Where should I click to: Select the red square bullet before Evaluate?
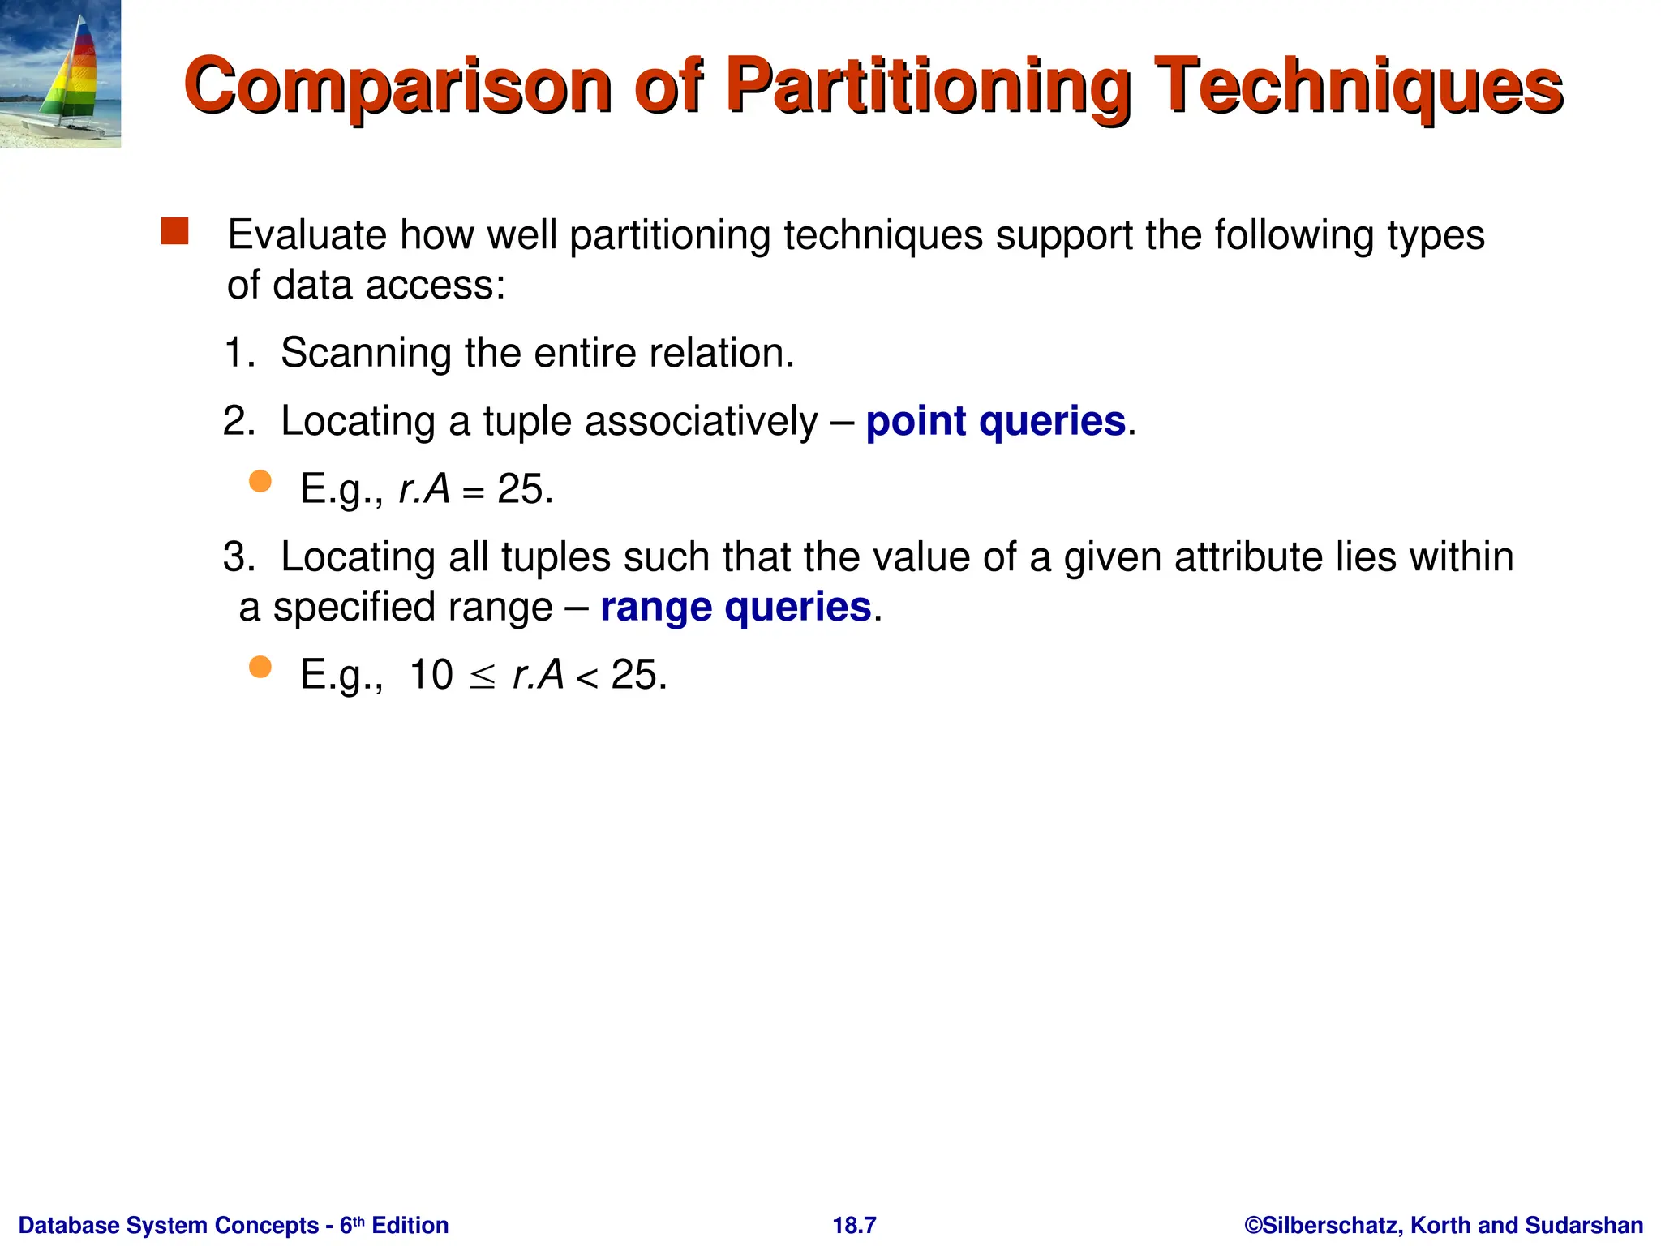174,231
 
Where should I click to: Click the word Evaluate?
307,235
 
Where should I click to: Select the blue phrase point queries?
996,421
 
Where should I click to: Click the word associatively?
701,421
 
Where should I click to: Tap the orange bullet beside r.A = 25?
260,482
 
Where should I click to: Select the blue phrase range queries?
736,607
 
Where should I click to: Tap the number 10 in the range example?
431,675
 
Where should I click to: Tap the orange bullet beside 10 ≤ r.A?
260,668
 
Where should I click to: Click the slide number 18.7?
854,1225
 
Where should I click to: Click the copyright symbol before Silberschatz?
1253,1225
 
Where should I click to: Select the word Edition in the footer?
410,1225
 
